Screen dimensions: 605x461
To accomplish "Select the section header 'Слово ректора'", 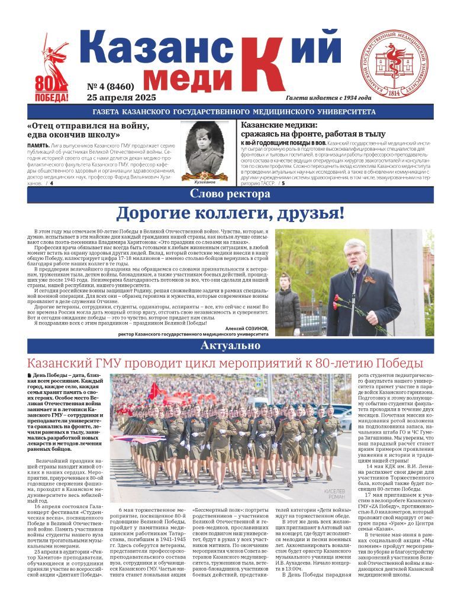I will point(230,194).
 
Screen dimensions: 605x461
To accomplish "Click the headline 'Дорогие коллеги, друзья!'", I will point(230,213).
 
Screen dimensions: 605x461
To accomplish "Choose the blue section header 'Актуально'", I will point(230,345).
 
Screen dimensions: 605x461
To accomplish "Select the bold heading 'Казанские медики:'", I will point(279,125).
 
